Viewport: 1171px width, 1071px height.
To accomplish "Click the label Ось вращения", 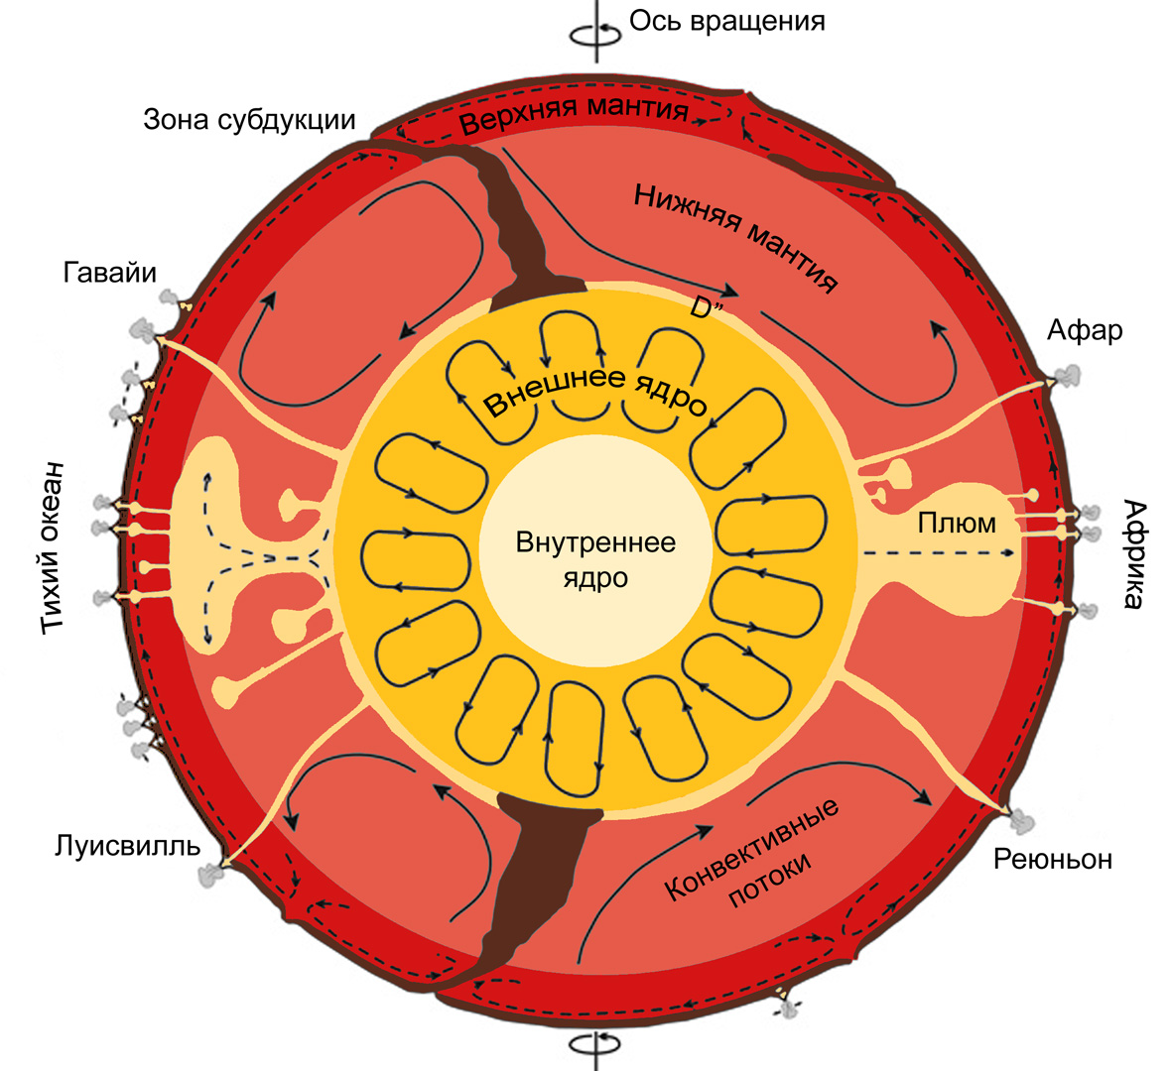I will [726, 20].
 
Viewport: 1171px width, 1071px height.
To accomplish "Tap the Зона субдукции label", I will [249, 119].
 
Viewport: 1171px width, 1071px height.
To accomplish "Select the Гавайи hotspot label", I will [110, 272].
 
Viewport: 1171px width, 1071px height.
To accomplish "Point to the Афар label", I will [1085, 329].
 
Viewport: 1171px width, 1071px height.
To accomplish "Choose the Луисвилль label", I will [128, 846].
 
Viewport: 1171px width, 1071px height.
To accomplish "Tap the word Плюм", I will [956, 522].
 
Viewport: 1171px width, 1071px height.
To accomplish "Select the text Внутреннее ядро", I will [595, 559].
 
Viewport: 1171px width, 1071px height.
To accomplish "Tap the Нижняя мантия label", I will [735, 238].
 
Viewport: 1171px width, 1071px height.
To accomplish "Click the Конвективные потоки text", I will [754, 854].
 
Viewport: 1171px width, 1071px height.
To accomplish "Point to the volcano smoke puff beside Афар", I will [1069, 376].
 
